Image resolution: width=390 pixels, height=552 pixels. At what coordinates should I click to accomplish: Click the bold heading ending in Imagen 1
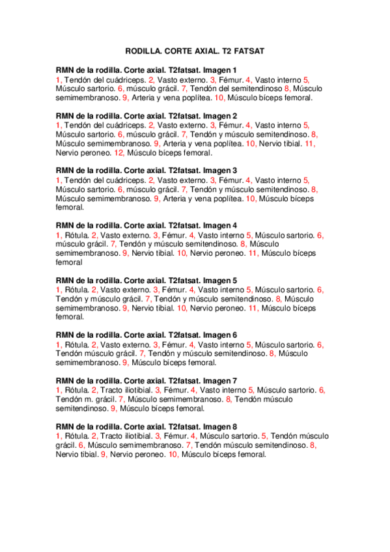(x=146, y=70)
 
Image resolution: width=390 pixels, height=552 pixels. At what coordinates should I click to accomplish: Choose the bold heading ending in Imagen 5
(x=146, y=281)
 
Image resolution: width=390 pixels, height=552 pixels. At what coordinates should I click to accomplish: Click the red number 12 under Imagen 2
(x=118, y=153)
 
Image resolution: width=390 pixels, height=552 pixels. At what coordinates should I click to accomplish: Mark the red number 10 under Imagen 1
(x=219, y=98)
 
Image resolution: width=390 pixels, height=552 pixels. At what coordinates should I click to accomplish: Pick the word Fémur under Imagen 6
(x=173, y=344)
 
